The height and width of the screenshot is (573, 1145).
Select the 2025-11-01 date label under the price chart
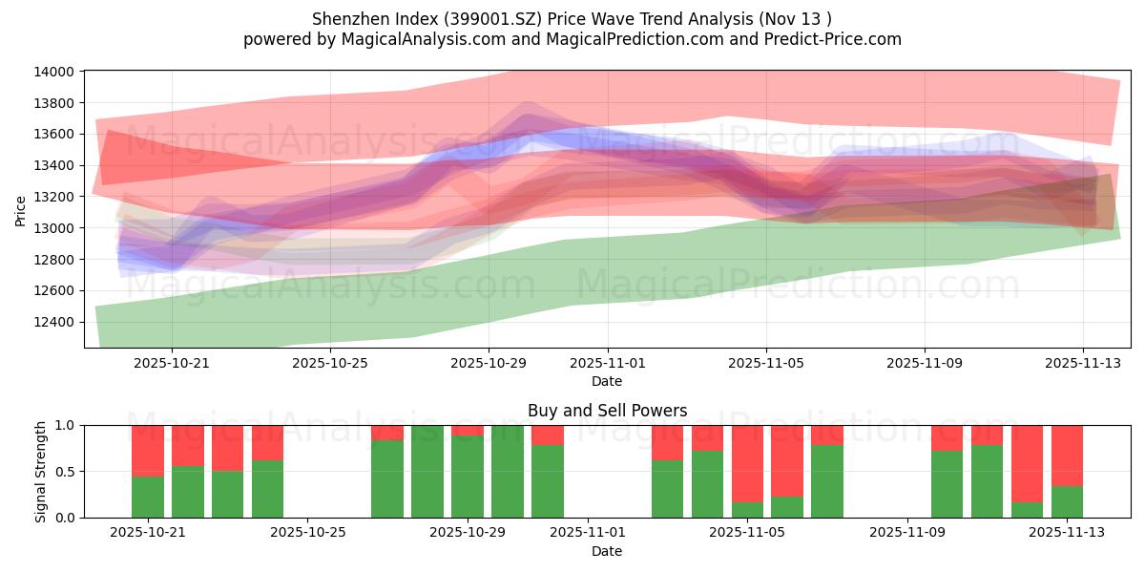[x=607, y=363]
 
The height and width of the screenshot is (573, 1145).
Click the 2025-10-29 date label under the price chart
[x=489, y=363]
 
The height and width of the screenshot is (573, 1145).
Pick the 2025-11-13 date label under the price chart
[x=1082, y=363]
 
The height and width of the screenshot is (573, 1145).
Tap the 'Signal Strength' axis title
[x=40, y=472]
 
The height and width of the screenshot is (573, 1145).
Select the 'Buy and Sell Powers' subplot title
[x=607, y=412]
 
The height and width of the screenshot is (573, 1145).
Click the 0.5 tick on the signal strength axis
[x=67, y=472]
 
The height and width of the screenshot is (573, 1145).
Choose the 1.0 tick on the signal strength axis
[x=67, y=426]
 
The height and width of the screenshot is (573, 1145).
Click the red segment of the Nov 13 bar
[x=1067, y=456]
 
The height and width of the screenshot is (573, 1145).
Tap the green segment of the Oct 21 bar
[x=148, y=497]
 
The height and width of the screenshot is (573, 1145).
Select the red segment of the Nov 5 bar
[x=747, y=463]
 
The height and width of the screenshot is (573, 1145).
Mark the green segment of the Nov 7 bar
[x=827, y=481]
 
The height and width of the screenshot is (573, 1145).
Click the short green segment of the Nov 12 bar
[x=1027, y=510]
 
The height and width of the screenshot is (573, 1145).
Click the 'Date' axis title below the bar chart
[x=607, y=551]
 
